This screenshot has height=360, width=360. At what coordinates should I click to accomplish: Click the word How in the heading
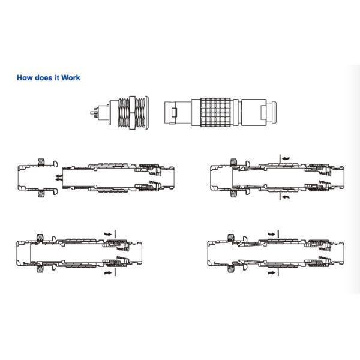click(25, 78)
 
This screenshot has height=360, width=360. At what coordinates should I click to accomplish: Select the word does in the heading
click(44, 78)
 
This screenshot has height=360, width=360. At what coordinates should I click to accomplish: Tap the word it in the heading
click(57, 78)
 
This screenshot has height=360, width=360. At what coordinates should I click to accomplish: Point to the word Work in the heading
click(71, 78)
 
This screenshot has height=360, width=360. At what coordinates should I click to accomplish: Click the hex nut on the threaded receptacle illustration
click(132, 113)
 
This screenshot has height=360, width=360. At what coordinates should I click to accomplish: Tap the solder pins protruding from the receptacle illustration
click(94, 113)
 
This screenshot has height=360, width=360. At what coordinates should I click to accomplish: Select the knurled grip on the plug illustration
click(215, 112)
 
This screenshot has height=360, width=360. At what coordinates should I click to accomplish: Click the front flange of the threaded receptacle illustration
click(146, 113)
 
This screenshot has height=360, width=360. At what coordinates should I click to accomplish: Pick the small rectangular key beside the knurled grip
click(174, 112)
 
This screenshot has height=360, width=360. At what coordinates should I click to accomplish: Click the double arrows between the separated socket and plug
click(59, 178)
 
